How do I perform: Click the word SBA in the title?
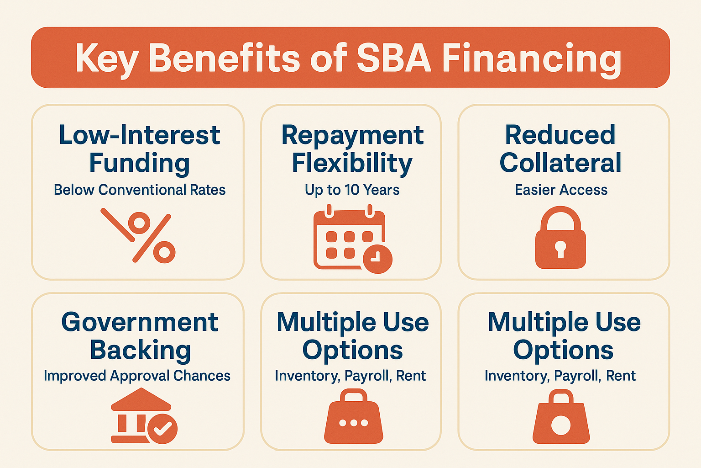tap(393, 58)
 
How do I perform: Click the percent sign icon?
tap(138, 236)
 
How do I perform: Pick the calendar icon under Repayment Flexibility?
tap(350, 239)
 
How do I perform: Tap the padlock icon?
tap(560, 238)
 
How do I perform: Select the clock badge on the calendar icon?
tap(377, 259)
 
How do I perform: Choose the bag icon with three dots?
tap(354, 417)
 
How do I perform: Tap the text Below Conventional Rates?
tap(140, 190)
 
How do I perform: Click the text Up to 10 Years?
tap(352, 190)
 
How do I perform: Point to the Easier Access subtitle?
tap(561, 190)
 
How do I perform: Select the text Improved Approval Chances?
tap(137, 376)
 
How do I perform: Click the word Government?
tap(140, 322)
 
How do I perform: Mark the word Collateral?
tap(560, 163)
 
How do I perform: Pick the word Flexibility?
tap(352, 164)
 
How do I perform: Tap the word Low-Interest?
tap(140, 135)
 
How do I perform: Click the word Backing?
tap(140, 351)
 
